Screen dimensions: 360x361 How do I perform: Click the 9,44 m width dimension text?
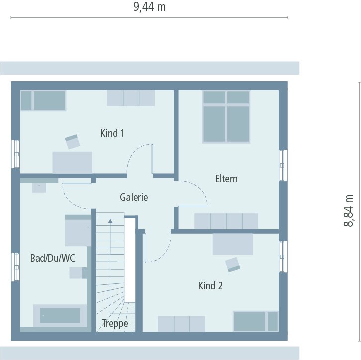pyautogui.click(x=149, y=7)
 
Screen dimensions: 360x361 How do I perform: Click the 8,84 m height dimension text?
pyautogui.click(x=349, y=210)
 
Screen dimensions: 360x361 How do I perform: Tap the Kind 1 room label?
pyautogui.click(x=112, y=133)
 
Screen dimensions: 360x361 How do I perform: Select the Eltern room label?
pyautogui.click(x=226, y=179)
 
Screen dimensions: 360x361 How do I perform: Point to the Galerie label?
pyautogui.click(x=134, y=197)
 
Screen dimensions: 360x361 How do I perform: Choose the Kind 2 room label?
pyautogui.click(x=210, y=286)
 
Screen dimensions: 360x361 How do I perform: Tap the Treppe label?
pyautogui.click(x=115, y=323)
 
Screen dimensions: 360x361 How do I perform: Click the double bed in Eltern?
pyautogui.click(x=226, y=117)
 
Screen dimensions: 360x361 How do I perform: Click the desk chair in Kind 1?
pyautogui.click(x=73, y=142)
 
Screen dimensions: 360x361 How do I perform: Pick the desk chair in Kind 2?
pyautogui.click(x=232, y=264)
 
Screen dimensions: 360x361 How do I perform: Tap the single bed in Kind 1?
pyautogui.click(x=43, y=100)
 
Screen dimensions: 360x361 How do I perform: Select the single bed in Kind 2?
pyautogui.click(x=256, y=321)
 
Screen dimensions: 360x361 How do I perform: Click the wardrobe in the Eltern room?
pyautogui.click(x=226, y=221)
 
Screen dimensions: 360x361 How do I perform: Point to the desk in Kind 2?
pyautogui.click(x=232, y=244)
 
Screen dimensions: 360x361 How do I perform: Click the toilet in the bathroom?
pyautogui.click(x=77, y=273)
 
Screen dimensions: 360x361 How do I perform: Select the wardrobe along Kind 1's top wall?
pyautogui.click(x=131, y=98)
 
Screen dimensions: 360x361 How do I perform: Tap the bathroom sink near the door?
pyautogui.click(x=39, y=187)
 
